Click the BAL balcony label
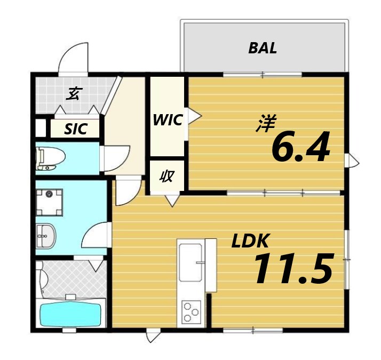point(263,48)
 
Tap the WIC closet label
point(168,119)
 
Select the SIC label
point(75,129)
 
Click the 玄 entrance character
point(73,94)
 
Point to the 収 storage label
point(167,177)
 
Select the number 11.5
point(293,269)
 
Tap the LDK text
point(250,242)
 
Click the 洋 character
point(265,124)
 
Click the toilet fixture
point(50,158)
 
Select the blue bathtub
point(70,315)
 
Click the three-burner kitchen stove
point(190,311)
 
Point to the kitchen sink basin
point(190,263)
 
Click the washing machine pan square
point(50,202)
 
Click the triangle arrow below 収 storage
point(171,201)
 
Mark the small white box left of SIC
point(41,129)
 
